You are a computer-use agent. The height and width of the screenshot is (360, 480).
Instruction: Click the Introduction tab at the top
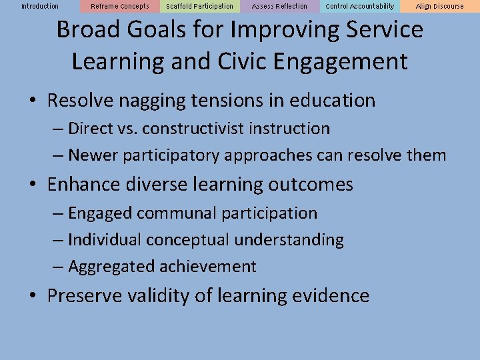[40, 7]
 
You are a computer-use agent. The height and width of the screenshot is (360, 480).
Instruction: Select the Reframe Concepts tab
[120, 7]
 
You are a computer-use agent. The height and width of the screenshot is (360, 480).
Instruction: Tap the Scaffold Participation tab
[200, 7]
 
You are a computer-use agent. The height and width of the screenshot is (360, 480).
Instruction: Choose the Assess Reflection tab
[280, 7]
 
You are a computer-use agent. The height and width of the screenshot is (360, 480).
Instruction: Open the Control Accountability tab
[360, 7]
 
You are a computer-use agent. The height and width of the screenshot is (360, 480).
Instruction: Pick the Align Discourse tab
[440, 7]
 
